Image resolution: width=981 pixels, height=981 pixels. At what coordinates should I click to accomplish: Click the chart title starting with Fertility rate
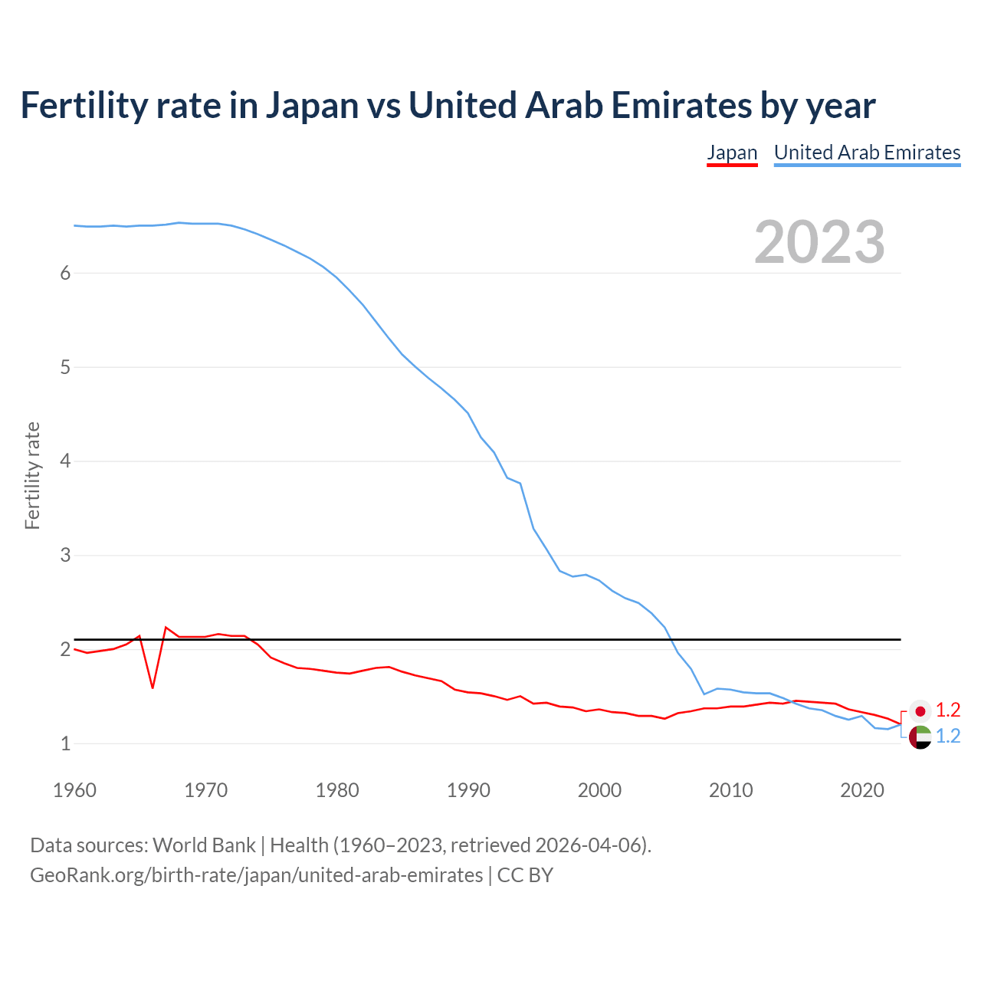coord(448,106)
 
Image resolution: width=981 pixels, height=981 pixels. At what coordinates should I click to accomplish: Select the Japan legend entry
coord(732,153)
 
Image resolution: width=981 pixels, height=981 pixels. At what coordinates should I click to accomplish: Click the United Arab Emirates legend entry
coord(867,153)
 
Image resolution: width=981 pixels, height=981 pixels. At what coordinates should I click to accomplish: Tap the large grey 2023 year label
coord(819,242)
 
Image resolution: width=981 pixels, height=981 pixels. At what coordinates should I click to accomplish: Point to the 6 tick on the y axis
coord(65,274)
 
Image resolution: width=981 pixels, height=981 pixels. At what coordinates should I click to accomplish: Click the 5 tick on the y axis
coord(65,367)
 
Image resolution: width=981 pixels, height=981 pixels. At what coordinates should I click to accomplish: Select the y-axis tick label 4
coord(65,461)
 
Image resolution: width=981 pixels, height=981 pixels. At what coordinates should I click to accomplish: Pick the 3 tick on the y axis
coord(65,555)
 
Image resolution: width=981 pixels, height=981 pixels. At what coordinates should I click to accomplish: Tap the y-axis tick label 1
coord(65,743)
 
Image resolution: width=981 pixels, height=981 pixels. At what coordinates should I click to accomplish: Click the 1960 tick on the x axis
coord(74,790)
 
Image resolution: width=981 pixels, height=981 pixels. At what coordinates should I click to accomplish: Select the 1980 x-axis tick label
coord(337,790)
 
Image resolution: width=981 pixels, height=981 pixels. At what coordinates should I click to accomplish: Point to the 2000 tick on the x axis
coord(599,790)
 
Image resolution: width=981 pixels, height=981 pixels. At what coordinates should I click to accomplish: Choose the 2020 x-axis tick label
coord(862,790)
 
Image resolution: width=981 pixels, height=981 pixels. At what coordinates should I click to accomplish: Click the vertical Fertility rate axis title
coord(32,475)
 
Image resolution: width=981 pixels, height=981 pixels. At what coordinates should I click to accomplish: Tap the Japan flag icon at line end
coord(920,711)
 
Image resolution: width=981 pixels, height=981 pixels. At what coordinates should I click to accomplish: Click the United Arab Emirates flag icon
coord(920,737)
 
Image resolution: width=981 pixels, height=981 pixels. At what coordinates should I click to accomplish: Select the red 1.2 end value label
coord(948,710)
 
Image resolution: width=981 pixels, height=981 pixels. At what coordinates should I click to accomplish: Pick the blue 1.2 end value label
coord(948,737)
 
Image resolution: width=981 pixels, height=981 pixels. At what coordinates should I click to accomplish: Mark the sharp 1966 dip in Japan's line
coord(153,687)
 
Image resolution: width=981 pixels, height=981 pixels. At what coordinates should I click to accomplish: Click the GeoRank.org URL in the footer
coord(256,875)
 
